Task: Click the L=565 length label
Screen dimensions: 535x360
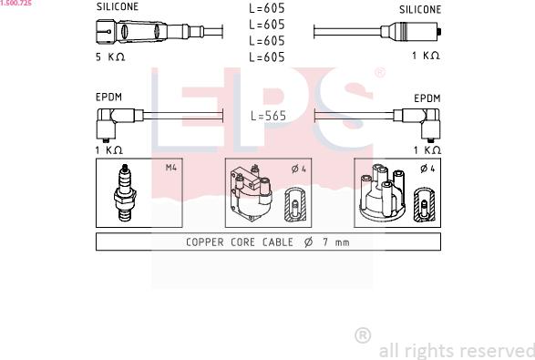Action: pos(268,116)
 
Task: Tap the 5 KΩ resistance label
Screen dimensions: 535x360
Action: pos(110,57)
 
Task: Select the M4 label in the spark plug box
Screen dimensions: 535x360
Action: pos(171,168)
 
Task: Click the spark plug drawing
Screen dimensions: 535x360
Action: pos(125,192)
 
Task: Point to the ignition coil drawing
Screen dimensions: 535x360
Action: pos(252,192)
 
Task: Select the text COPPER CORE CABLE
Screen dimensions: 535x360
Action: pos(240,242)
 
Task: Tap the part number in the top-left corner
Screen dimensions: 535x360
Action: pos(16,3)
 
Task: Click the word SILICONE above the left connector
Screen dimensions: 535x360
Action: pos(118,6)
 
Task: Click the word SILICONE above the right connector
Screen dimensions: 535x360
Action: pos(420,9)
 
